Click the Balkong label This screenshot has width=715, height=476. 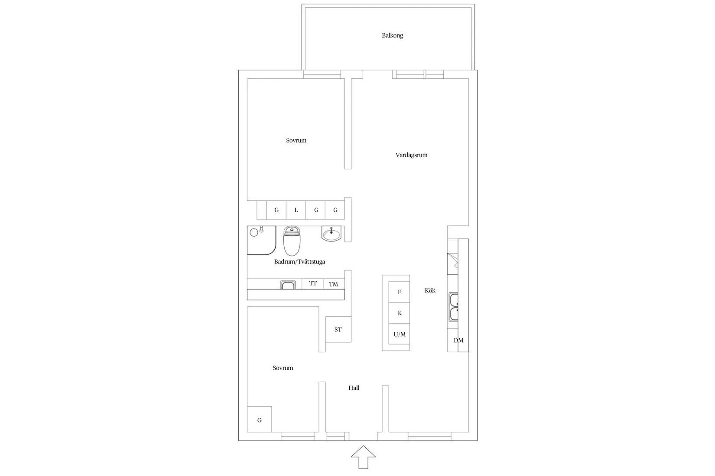click(x=392, y=35)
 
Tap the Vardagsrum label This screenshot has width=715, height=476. click(x=411, y=155)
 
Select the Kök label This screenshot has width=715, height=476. click(x=430, y=290)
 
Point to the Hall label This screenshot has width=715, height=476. click(x=354, y=388)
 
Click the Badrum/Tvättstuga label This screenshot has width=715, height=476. click(x=299, y=262)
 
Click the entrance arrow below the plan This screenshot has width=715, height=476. click(x=363, y=457)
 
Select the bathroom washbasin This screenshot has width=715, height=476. click(x=331, y=234)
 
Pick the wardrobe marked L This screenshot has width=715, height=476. click(x=296, y=210)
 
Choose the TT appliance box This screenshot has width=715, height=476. click(x=313, y=283)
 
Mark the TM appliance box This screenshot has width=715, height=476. click(x=333, y=284)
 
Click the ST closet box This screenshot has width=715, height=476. click(x=338, y=329)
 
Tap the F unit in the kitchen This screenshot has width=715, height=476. click(x=400, y=292)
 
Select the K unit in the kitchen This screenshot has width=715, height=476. click(x=400, y=313)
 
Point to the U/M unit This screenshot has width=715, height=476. click(x=400, y=334)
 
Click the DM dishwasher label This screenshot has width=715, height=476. click(x=458, y=341)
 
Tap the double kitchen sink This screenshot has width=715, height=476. click(x=454, y=307)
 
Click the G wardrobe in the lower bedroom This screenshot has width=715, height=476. click(x=259, y=420)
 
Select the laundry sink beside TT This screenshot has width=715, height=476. click(x=288, y=285)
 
